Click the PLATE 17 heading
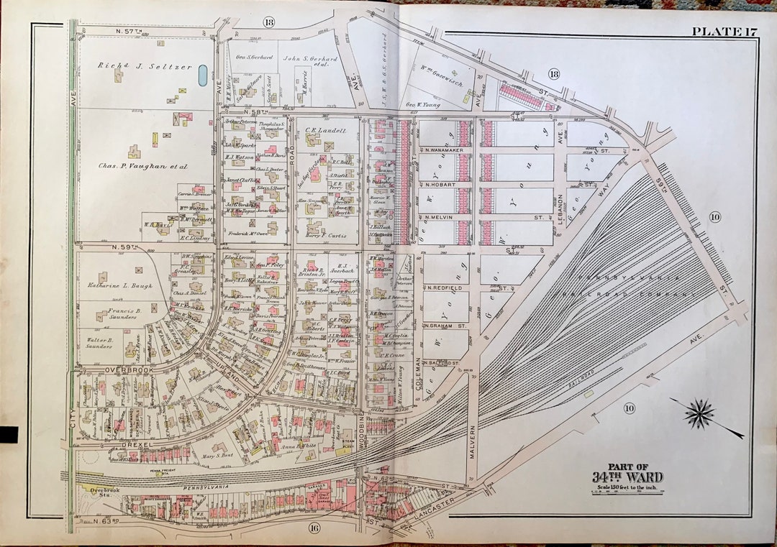tap(722, 31)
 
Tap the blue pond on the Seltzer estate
tap(203, 74)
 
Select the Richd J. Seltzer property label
tap(145, 66)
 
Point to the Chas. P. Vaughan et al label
tap(142, 166)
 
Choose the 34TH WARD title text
tap(627, 477)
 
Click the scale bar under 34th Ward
tap(627, 493)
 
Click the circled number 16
tap(314, 529)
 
